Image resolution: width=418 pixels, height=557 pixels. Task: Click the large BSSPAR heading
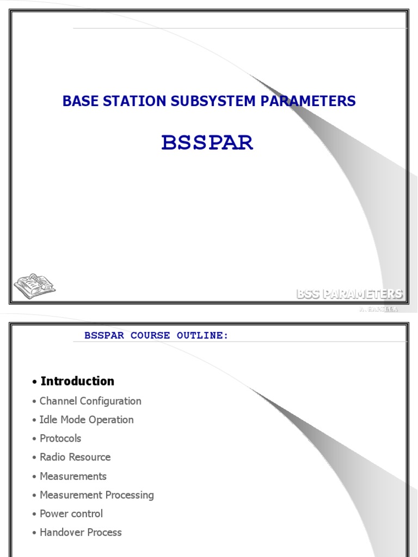(207, 143)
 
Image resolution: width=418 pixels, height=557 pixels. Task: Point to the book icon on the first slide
(34, 286)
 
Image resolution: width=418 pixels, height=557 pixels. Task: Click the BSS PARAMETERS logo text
(349, 294)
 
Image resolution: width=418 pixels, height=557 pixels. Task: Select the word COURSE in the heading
(150, 336)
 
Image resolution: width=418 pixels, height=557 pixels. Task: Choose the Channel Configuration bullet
(90, 401)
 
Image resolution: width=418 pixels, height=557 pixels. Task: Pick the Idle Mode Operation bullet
(87, 420)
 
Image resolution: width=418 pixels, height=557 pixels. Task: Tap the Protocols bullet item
(60, 438)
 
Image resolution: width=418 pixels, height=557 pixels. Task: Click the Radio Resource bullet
(75, 457)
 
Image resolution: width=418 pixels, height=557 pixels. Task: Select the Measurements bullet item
(73, 476)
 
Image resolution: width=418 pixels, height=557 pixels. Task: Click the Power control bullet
(71, 514)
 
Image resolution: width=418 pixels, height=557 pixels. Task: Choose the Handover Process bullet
(81, 533)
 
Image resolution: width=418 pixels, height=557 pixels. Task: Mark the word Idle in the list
(47, 420)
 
